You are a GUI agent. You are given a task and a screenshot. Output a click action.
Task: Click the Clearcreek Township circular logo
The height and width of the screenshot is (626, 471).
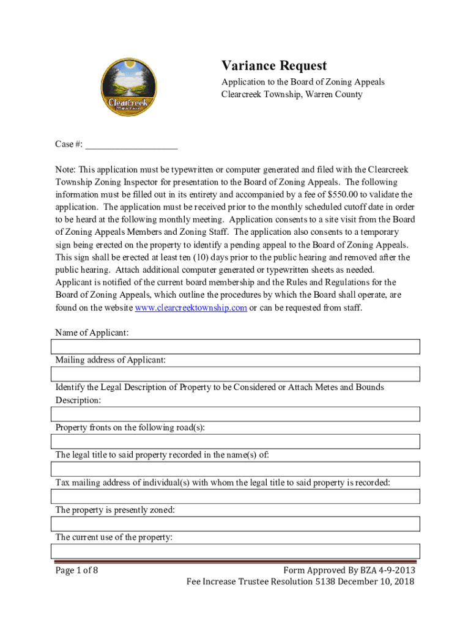point(128,88)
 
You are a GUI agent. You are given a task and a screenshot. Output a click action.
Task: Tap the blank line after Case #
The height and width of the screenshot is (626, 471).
point(132,144)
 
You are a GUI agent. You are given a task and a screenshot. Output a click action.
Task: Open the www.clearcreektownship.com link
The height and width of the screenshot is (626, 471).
point(190,307)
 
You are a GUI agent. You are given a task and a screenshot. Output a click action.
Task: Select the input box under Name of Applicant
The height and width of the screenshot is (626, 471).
point(235,347)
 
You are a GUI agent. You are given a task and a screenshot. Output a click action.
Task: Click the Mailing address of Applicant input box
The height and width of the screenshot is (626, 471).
point(235,374)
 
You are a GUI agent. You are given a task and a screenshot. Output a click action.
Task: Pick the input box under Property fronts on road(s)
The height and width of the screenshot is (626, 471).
point(235,441)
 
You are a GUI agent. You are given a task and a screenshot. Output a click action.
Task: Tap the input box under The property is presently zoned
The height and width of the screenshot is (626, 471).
point(235,524)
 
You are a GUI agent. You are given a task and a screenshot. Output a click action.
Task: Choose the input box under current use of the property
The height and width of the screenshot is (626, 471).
point(235,551)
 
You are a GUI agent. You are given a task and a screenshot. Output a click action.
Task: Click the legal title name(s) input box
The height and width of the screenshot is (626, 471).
point(235,469)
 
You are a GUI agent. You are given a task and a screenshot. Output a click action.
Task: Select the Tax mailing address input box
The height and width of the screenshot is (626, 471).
point(235,496)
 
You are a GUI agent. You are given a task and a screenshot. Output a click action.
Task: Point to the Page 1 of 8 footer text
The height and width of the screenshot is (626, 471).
point(76,570)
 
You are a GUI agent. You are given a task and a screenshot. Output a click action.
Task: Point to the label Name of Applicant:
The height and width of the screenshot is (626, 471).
point(92,333)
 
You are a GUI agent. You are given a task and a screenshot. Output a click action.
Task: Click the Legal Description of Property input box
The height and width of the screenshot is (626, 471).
point(235,414)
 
